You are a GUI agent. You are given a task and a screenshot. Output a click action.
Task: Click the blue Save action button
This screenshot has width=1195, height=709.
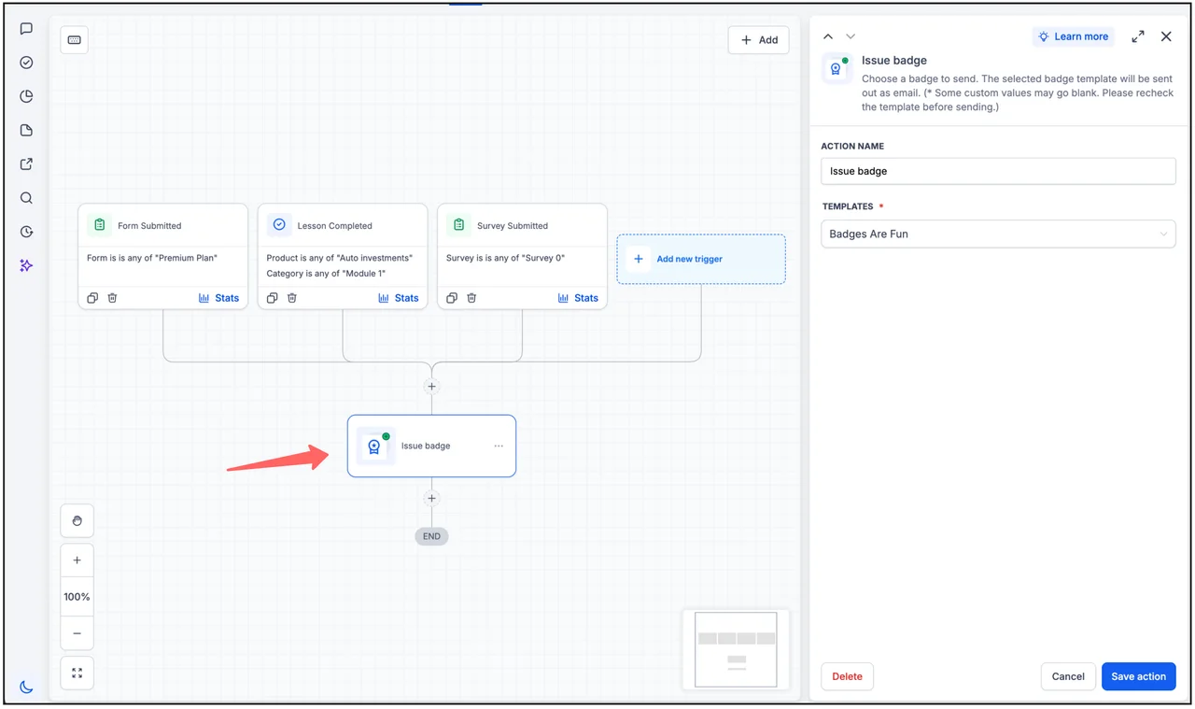pos(1138,676)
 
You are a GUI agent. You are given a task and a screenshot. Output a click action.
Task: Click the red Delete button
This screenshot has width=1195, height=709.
pos(847,676)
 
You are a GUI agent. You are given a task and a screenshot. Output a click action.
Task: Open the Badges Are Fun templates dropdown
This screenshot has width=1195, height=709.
pos(998,234)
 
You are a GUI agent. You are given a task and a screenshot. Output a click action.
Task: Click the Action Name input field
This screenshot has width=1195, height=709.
pos(998,171)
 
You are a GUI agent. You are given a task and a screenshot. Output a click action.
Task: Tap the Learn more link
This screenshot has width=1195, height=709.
pos(1074,36)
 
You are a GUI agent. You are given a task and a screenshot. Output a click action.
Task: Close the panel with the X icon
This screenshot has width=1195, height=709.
pos(1166,36)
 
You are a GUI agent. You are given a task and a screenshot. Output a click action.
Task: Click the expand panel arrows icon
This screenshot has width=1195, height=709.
pos(1138,36)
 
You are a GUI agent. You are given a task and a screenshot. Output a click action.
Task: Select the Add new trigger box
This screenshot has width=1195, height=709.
pos(701,259)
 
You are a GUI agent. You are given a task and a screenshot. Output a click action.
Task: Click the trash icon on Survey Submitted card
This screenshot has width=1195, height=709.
pos(471,298)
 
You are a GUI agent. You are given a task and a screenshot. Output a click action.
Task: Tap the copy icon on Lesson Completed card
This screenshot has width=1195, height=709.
pos(272,298)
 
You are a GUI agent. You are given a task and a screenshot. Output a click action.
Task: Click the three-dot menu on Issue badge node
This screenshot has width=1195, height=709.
pos(499,446)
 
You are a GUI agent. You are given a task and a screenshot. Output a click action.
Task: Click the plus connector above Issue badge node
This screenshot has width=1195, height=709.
pos(431,386)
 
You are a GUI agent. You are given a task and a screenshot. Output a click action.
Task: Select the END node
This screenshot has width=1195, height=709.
pos(431,536)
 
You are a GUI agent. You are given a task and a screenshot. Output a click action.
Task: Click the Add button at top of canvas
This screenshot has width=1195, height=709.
pos(759,39)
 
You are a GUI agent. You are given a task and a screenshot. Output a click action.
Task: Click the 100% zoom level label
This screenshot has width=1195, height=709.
pos(77,596)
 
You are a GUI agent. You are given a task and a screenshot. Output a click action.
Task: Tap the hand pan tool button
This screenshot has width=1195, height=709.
pos(77,520)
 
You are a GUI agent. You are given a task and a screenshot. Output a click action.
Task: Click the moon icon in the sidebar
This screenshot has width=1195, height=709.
pos(26,687)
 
